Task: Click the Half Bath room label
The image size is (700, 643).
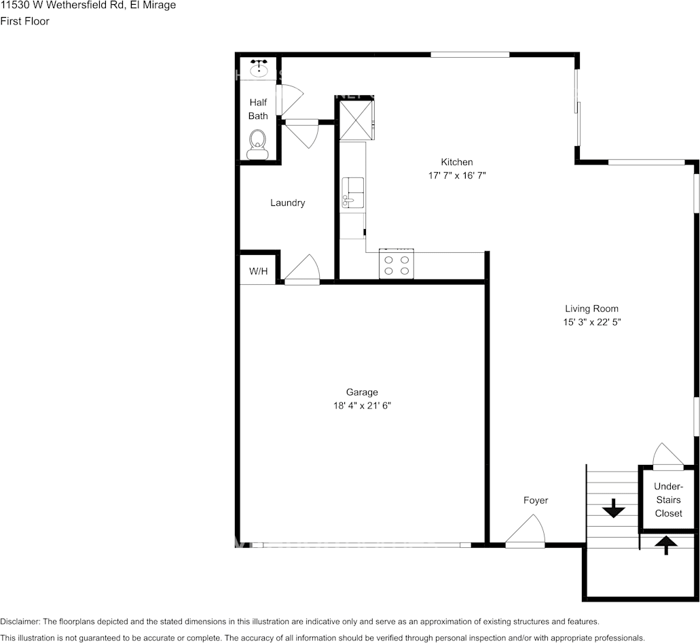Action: click(x=258, y=109)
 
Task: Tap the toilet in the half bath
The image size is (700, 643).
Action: click(x=257, y=144)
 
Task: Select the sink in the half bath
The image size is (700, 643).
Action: click(x=258, y=68)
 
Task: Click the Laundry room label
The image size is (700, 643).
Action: click(x=287, y=203)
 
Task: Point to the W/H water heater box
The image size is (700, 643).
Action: click(x=258, y=271)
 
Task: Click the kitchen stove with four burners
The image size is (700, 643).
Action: click(x=397, y=265)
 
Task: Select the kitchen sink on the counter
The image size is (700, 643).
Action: click(x=353, y=192)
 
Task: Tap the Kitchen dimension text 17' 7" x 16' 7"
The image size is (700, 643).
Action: click(x=456, y=175)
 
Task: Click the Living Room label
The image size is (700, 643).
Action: click(x=591, y=309)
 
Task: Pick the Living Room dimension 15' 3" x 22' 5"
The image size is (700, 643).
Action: click(x=591, y=322)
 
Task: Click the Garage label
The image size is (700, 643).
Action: click(x=362, y=392)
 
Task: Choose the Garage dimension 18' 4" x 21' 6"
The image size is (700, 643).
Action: click(x=362, y=406)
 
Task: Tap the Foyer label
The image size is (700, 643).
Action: click(x=535, y=500)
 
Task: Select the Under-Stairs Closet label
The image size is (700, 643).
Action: click(x=668, y=500)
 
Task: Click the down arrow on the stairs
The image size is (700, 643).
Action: click(x=614, y=508)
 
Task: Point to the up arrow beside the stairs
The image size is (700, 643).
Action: click(x=666, y=544)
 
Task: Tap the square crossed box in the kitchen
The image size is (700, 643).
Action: click(x=356, y=120)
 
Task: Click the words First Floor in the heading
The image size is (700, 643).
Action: click(x=24, y=21)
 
